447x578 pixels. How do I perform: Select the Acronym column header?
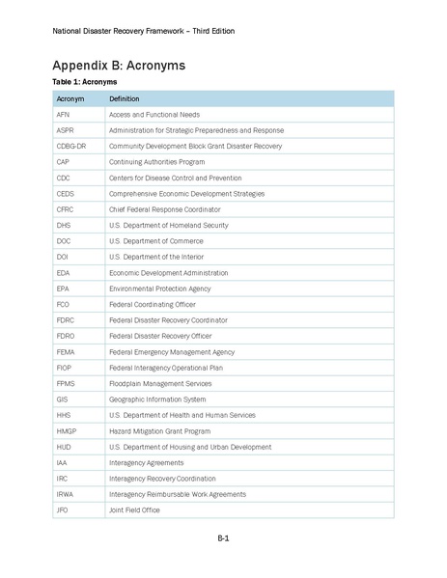coord(70,98)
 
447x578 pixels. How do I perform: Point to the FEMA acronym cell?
coord(67,351)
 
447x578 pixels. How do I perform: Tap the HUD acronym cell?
coord(64,446)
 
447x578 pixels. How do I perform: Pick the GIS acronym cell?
coord(63,399)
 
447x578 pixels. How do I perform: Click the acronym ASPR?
coord(66,130)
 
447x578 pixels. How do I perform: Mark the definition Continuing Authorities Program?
coord(158,162)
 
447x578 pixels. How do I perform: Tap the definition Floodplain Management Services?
coord(159,383)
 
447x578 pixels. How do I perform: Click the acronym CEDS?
coord(66,193)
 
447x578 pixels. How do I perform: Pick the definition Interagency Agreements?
coord(146,461)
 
